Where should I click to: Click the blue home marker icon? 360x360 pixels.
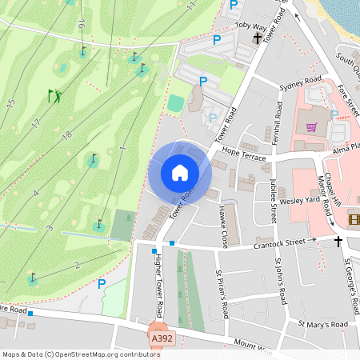click(x=180, y=172)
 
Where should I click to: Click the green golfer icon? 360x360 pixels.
click(x=54, y=96)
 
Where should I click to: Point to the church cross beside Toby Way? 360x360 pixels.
click(x=258, y=38)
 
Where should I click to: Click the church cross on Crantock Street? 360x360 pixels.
click(x=338, y=241)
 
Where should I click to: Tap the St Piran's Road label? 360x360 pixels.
click(x=221, y=291)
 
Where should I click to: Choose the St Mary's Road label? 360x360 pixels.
click(x=323, y=325)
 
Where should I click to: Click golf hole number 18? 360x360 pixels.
click(x=67, y=135)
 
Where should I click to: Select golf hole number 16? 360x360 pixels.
click(x=82, y=26)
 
